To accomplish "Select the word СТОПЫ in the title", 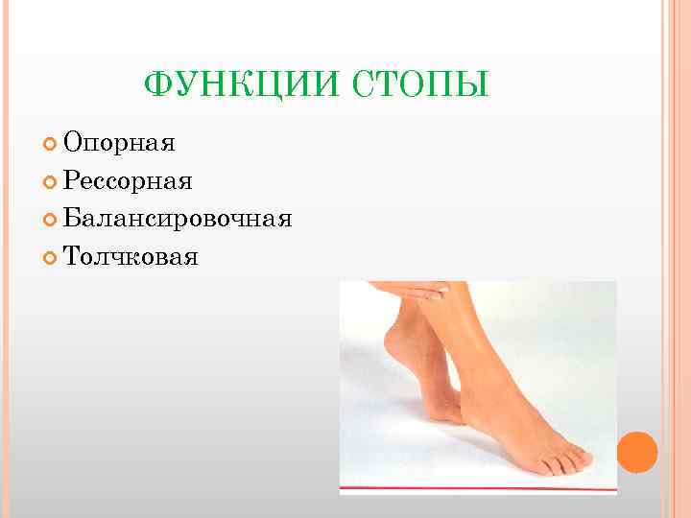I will (423, 84).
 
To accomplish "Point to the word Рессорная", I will (128, 180).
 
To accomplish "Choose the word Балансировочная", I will (178, 218).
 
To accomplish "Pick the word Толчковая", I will (131, 255).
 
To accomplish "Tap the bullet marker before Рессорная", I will (50, 181).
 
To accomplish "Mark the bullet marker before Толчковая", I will (50, 256).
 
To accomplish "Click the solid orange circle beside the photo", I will (636, 451).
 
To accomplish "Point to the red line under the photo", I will (478, 488).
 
